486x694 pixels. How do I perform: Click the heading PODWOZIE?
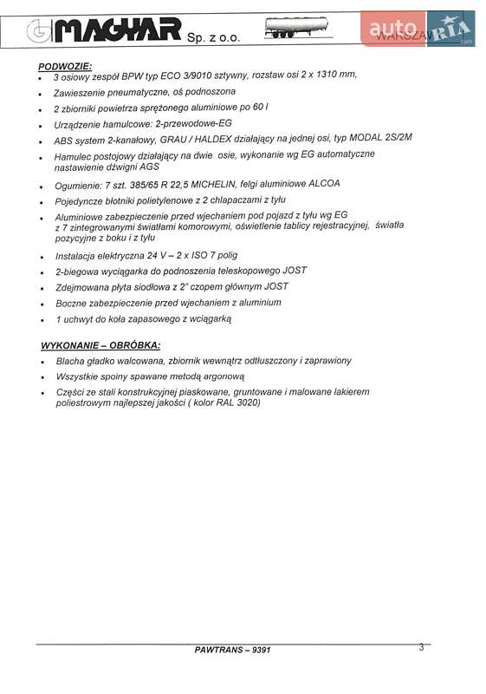[66, 66]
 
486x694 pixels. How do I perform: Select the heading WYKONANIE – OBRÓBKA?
[94, 344]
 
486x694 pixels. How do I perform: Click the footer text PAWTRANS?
[221, 650]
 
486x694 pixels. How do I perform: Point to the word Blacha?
[70, 361]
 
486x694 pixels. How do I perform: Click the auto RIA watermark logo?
[419, 29]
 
